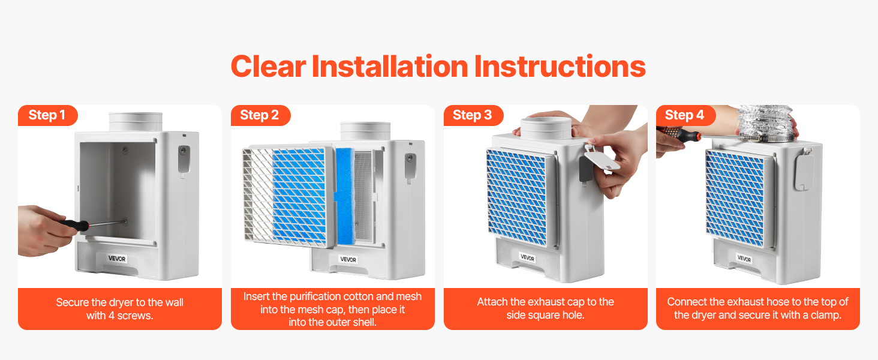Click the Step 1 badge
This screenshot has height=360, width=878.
[47, 115]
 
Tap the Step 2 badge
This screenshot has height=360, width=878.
[260, 115]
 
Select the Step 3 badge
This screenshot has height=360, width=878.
[473, 115]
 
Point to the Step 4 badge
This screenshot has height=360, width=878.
[685, 115]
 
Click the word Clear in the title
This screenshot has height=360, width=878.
[269, 67]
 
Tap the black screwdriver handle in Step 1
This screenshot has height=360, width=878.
[74, 226]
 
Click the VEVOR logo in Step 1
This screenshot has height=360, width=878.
[117, 259]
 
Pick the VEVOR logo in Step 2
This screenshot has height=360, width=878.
[348, 259]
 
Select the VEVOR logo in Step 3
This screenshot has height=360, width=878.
[527, 257]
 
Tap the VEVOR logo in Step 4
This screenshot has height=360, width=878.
[744, 259]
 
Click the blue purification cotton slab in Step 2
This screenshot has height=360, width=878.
[345, 196]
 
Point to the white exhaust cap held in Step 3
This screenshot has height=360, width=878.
[602, 159]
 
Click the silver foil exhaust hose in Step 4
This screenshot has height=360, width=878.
[766, 122]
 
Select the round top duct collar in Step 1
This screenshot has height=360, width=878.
[136, 122]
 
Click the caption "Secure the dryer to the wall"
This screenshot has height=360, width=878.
[119, 302]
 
